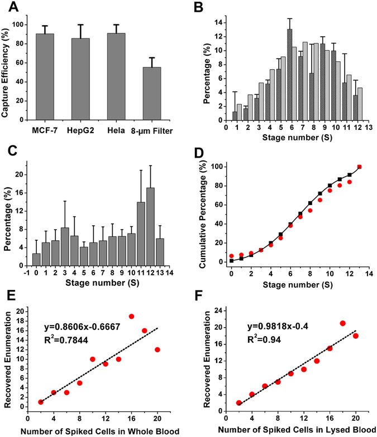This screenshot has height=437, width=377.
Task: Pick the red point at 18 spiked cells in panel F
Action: click(x=343, y=323)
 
